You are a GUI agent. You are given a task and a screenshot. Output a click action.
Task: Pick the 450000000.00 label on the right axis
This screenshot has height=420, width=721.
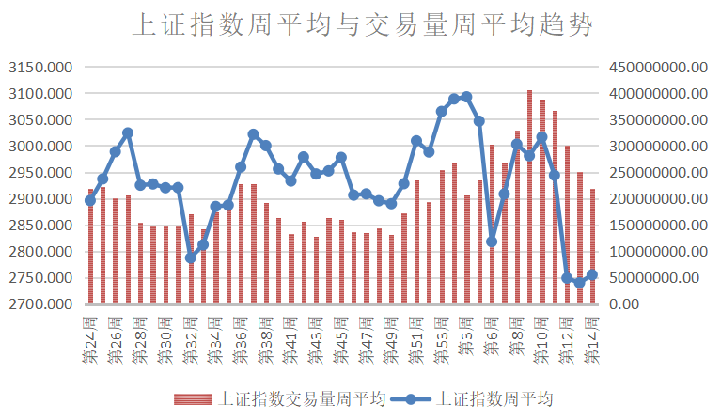point(658,68)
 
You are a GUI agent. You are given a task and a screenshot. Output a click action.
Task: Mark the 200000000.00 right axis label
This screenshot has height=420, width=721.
point(658,199)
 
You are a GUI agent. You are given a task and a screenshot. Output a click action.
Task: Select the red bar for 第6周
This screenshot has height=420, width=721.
point(492,225)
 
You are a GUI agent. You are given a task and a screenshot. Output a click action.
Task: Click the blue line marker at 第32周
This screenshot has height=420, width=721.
point(191,257)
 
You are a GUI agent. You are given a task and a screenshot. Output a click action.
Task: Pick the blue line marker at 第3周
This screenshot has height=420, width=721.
point(467,97)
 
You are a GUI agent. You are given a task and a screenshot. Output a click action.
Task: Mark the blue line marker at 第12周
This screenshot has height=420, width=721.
point(567,278)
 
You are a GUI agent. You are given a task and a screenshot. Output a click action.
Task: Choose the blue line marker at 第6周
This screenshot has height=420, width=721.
point(492,241)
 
